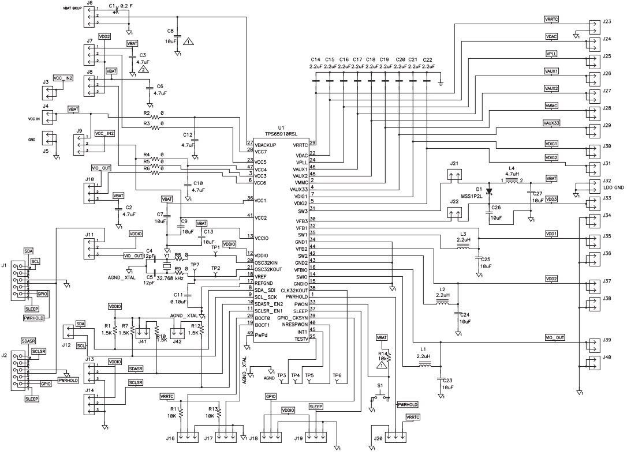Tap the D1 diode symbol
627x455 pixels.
(x=489, y=191)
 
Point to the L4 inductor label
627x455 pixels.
(x=511, y=168)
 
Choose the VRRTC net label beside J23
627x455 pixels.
(x=551, y=19)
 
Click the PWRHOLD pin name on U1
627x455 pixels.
(x=296, y=296)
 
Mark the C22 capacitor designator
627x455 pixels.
(x=427, y=59)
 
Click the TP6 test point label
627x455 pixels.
(x=337, y=375)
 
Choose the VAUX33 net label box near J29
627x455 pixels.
(x=551, y=123)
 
